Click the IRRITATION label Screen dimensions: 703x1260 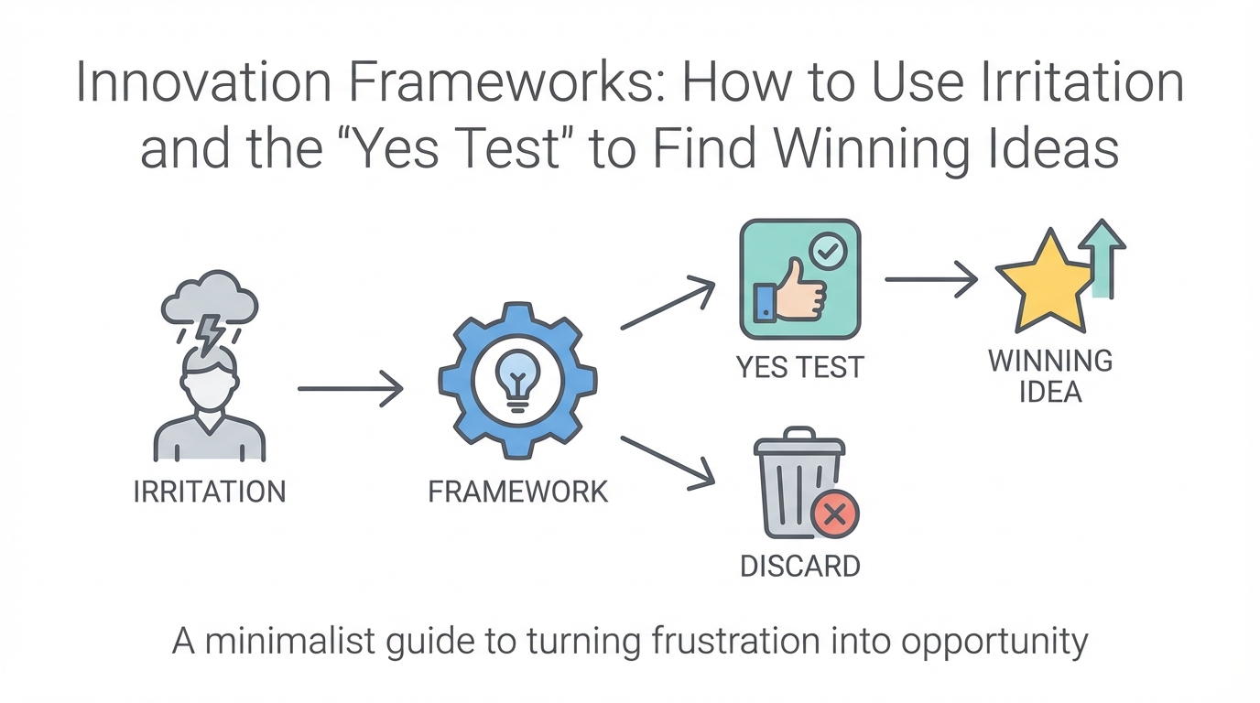point(210,492)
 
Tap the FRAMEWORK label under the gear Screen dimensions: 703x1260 point(517,492)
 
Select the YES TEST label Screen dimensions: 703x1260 point(799,367)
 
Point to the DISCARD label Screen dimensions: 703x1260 point(799,566)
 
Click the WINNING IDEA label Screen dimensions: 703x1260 point(1049,376)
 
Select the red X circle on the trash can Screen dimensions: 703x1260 point(834,515)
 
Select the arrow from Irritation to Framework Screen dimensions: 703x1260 point(351,389)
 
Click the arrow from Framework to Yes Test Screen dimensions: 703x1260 point(668,305)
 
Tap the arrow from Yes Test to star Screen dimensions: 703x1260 point(931,278)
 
